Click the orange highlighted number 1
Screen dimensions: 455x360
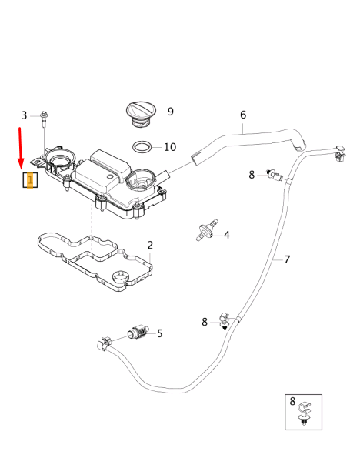pyautogui.click(x=29, y=181)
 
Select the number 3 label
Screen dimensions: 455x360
pyautogui.click(x=24, y=115)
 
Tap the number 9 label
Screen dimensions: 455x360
pyautogui.click(x=170, y=112)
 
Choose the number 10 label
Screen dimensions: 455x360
pyautogui.click(x=169, y=147)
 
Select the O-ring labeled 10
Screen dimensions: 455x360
pyautogui.click(x=140, y=146)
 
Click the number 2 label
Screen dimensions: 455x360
pyautogui.click(x=150, y=246)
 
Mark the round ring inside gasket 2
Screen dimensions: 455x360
pyautogui.click(x=121, y=276)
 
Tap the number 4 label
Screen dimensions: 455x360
pyautogui.click(x=226, y=235)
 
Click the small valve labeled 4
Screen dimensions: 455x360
pyautogui.click(x=205, y=230)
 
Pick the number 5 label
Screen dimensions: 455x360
pyautogui.click(x=160, y=333)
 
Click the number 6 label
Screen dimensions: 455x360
pyautogui.click(x=243, y=115)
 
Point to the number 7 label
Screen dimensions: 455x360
pyautogui.click(x=287, y=259)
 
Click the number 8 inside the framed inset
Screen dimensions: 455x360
pyautogui.click(x=292, y=401)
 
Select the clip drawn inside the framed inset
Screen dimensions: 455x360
pyautogui.click(x=305, y=413)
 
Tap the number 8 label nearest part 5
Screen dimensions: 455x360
pyautogui.click(x=205, y=322)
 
